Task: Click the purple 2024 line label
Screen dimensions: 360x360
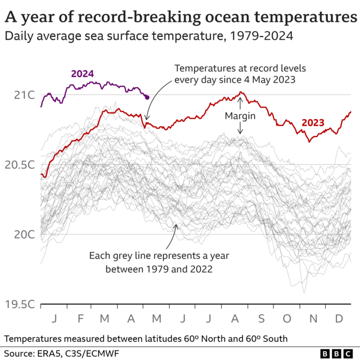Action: [x=82, y=74]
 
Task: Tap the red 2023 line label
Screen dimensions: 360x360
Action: [x=313, y=123]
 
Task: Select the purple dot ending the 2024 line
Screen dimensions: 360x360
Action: [x=147, y=97]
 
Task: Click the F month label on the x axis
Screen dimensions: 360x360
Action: [x=80, y=319]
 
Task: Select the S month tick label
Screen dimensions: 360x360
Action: [x=262, y=319]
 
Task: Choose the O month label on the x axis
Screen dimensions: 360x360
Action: [x=287, y=319]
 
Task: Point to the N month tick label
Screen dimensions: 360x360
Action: [x=313, y=319]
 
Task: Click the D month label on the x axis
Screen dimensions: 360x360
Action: [x=339, y=319]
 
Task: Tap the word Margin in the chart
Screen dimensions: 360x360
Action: [x=240, y=116]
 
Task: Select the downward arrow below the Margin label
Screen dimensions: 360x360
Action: [x=240, y=129]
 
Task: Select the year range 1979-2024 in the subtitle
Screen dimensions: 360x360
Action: [x=260, y=37]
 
